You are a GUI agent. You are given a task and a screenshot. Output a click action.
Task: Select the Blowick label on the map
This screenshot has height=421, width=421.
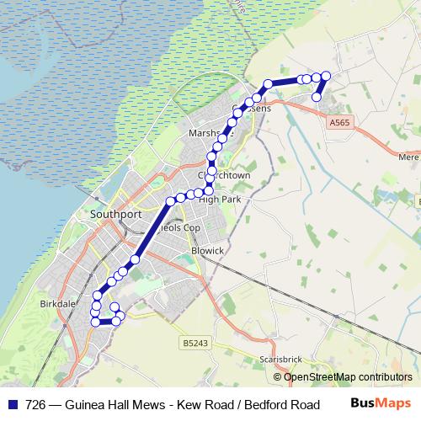[x=208, y=250]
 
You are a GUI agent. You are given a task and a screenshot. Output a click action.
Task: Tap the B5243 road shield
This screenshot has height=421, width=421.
[x=193, y=343]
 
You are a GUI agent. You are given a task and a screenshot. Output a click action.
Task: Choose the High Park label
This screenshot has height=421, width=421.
[x=220, y=200]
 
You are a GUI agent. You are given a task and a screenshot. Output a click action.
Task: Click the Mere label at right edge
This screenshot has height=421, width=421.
[x=409, y=157]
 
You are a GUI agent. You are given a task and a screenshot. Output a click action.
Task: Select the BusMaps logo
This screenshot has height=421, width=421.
[x=380, y=402]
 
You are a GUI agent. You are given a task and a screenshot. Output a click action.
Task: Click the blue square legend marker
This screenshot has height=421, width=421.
[x=12, y=403]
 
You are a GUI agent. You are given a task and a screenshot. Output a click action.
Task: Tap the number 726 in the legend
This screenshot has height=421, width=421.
[x=36, y=403]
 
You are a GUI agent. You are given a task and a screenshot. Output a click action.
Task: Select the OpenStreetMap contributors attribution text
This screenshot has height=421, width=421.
[x=347, y=376]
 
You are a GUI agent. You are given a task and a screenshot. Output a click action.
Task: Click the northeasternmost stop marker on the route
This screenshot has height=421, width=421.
[x=326, y=77]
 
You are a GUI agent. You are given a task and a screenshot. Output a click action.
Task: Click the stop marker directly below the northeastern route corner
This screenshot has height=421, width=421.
[x=317, y=97]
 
